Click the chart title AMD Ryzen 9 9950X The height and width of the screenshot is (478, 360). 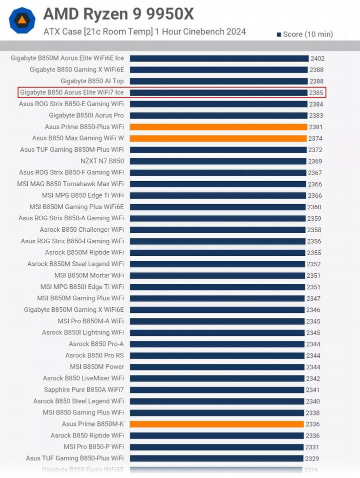[118, 14]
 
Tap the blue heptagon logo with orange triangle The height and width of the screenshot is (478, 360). [22, 20]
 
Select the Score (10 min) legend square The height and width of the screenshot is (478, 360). [278, 35]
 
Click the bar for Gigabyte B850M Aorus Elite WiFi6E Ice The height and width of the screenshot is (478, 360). [219, 59]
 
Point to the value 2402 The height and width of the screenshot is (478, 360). [317, 59]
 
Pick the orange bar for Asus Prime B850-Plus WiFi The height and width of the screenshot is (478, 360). [218, 127]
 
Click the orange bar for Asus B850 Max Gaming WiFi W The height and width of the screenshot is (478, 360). [218, 139]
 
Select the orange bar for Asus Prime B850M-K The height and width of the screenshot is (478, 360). [217, 424]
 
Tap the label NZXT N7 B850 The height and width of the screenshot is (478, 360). [102, 161]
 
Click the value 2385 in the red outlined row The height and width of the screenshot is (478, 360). [316, 93]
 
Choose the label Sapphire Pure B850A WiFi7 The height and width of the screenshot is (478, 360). [84, 389]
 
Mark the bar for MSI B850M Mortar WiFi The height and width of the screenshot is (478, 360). [217, 276]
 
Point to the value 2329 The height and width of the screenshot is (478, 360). [312, 458]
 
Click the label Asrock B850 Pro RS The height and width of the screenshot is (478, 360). [94, 355]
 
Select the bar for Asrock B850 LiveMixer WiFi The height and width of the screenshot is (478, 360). [217, 378]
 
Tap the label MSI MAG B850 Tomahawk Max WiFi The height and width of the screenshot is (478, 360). [70, 184]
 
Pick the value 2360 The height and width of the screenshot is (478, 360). [314, 207]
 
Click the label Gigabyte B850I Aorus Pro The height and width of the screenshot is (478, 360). [86, 115]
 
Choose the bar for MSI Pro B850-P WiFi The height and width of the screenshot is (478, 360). [217, 447]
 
